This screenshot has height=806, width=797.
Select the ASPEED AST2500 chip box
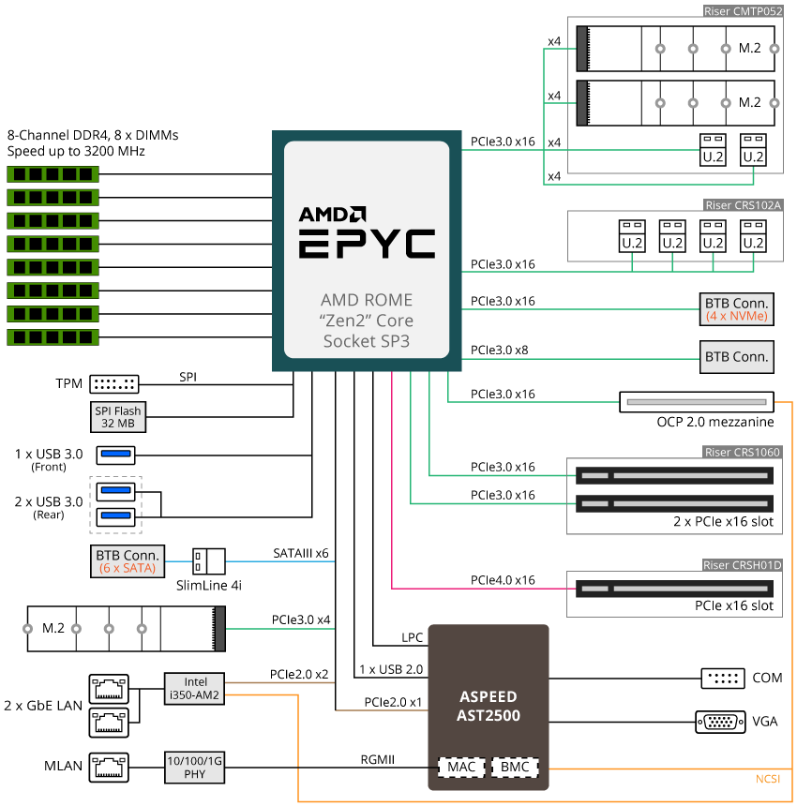pyautogui.click(x=489, y=705)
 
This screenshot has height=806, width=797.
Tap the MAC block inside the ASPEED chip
pyautogui.click(x=459, y=768)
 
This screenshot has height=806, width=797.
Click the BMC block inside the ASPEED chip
pyautogui.click(x=515, y=768)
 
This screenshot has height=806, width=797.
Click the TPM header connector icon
pyautogui.click(x=113, y=383)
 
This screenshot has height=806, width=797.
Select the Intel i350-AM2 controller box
pyautogui.click(x=194, y=689)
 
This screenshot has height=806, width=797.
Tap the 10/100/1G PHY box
pyautogui.click(x=194, y=768)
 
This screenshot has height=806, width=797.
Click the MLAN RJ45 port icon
pyautogui.click(x=110, y=767)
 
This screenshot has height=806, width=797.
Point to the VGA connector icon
pyautogui.click(x=720, y=722)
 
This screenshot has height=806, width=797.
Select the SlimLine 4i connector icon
pyautogui.click(x=208, y=561)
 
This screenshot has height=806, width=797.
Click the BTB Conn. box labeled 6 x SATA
pyautogui.click(x=127, y=560)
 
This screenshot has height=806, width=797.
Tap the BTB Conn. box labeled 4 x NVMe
pyautogui.click(x=737, y=310)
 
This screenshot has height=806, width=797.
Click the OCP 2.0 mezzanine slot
pyautogui.click(x=696, y=402)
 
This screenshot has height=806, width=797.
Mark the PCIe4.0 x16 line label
pyautogui.click(x=503, y=581)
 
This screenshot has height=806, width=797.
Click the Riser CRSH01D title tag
pyautogui.click(x=743, y=565)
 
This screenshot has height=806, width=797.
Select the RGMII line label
pyautogui.click(x=378, y=760)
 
